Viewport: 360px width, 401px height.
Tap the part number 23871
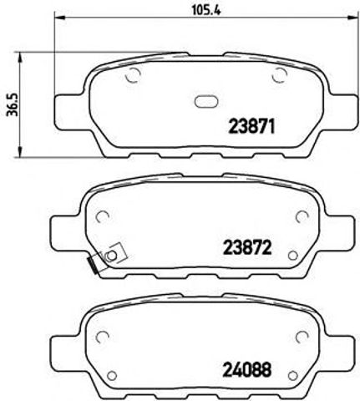[x=252, y=127]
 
